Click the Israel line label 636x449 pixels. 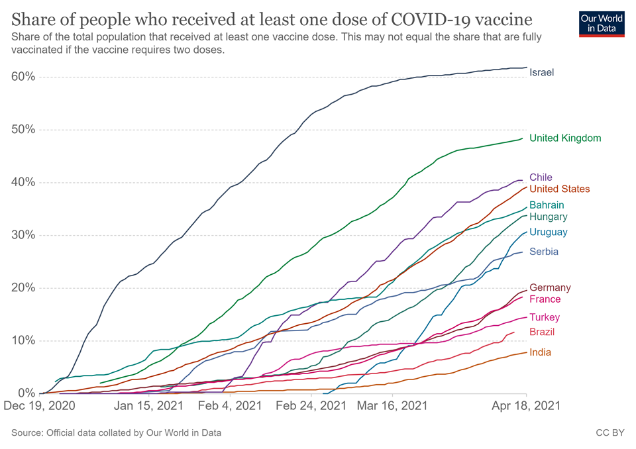(x=541, y=73)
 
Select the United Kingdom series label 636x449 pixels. (x=565, y=138)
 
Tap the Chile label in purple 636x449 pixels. (x=541, y=177)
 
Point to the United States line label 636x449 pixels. (x=559, y=189)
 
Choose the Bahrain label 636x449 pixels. (x=547, y=205)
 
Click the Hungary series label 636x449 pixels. (x=548, y=217)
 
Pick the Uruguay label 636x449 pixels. (x=548, y=232)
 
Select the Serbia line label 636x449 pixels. (x=543, y=252)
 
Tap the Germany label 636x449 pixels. (x=550, y=288)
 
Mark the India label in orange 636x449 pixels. (x=540, y=353)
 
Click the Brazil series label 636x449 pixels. (x=542, y=332)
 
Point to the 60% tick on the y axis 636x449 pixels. (x=23, y=77)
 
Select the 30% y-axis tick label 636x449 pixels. (x=23, y=235)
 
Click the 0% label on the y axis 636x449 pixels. (x=25, y=393)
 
